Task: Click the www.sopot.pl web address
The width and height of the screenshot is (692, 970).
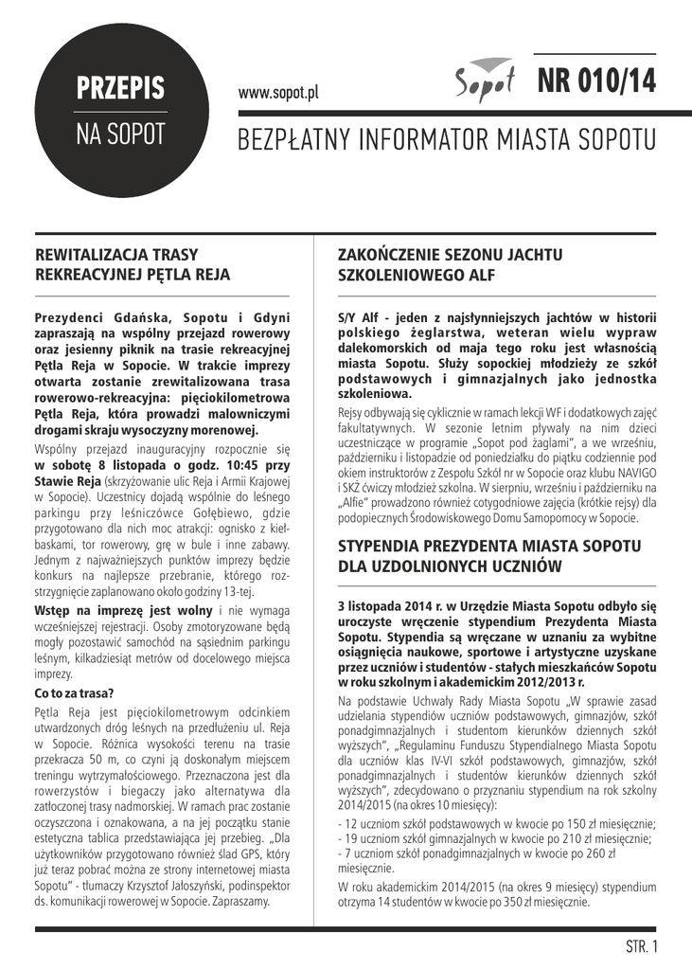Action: point(278,93)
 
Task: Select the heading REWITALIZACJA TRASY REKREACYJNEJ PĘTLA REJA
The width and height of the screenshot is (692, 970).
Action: point(133,264)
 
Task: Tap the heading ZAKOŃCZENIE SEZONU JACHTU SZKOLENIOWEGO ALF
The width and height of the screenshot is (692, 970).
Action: point(451,264)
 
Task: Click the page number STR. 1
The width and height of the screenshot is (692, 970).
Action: point(641,945)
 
